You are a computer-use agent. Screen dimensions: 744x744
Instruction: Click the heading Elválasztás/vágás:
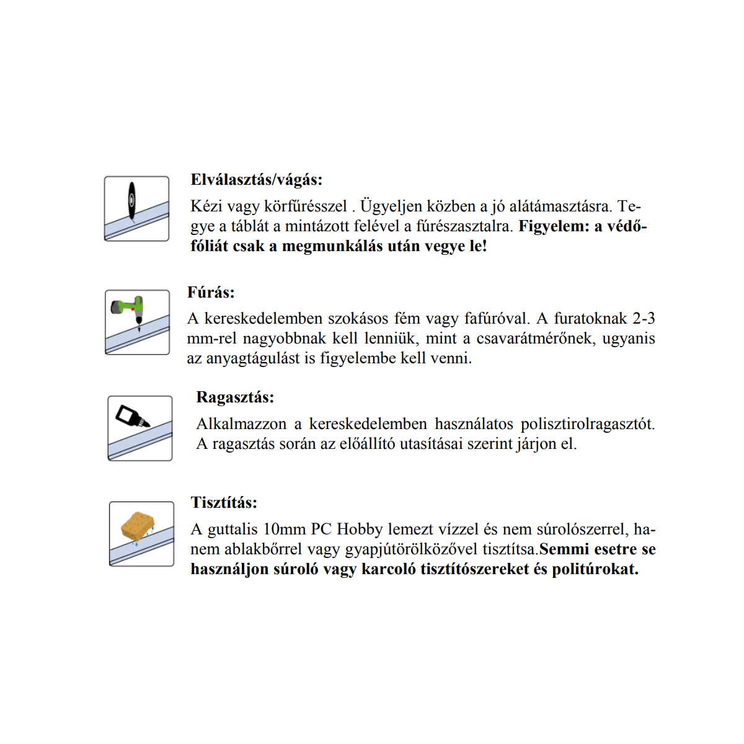click(x=257, y=180)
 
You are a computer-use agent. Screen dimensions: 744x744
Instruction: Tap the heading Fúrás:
click(x=211, y=292)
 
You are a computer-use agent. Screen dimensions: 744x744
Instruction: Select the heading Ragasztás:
click(x=235, y=397)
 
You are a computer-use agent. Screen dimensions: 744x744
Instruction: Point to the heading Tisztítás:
click(x=224, y=502)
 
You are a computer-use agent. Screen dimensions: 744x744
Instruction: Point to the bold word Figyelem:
click(x=554, y=226)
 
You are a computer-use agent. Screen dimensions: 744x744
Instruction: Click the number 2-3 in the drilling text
click(x=644, y=319)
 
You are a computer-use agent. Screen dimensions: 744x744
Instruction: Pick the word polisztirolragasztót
click(x=587, y=424)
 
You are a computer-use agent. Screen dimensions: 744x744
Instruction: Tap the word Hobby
click(x=360, y=529)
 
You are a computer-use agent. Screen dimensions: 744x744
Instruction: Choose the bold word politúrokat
click(x=595, y=569)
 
